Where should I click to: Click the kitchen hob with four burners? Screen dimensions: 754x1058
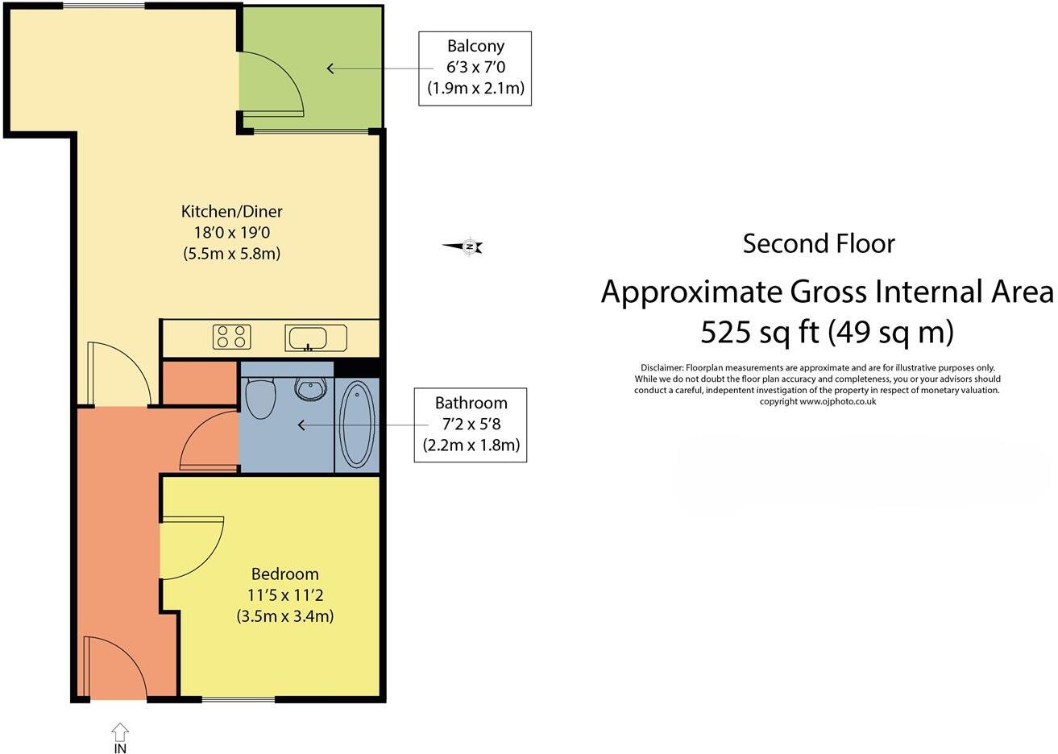pos(231,337)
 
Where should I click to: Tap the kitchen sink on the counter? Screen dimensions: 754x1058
pos(316,338)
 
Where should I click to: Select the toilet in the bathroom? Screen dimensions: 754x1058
pos(260,399)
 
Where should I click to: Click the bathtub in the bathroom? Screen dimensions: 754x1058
pos(357,424)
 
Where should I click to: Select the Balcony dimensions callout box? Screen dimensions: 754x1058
pos(475,68)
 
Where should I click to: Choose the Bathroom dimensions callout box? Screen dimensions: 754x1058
pos(471,425)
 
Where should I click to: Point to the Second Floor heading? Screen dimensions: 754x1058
pos(818,243)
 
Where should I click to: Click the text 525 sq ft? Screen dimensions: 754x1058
pos(756,331)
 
